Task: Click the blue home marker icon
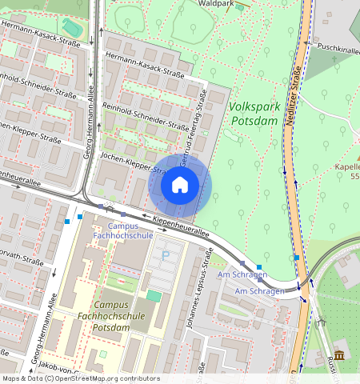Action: coord(180,186)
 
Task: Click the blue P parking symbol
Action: coord(166,255)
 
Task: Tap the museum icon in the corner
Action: coord(339,355)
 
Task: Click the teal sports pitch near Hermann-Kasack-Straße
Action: coord(72,28)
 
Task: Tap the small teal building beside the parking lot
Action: coord(153,296)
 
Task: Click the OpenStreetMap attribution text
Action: coord(80,378)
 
